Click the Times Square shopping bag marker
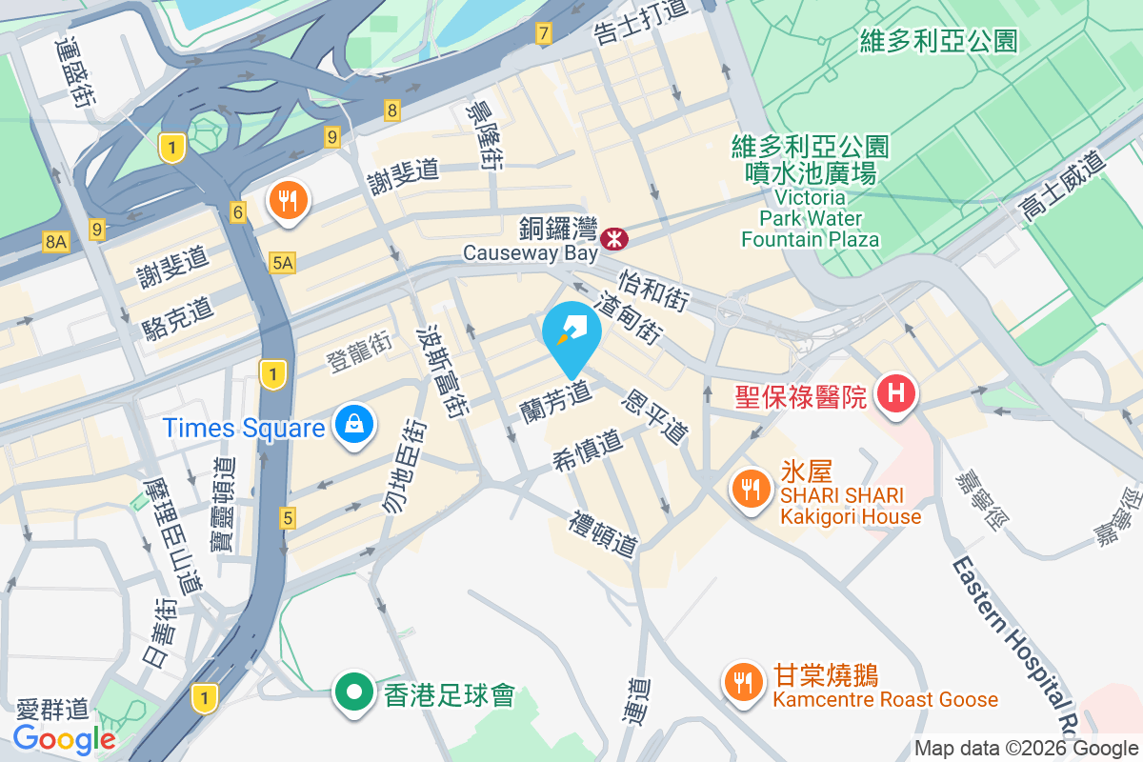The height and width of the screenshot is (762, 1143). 353,424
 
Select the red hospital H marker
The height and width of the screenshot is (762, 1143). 896,391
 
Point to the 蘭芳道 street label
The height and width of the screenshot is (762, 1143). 557,398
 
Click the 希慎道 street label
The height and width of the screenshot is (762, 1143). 588,451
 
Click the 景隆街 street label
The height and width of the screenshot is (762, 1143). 486,135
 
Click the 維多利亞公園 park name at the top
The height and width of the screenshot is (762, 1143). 938,41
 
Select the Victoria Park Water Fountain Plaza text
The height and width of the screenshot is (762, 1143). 811,218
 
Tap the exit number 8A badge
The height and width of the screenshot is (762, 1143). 56,243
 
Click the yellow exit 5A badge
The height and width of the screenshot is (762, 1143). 282,262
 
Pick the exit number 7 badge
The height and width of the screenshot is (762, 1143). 543,35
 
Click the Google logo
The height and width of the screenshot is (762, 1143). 65,738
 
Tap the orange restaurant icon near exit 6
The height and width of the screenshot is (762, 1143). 287,200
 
